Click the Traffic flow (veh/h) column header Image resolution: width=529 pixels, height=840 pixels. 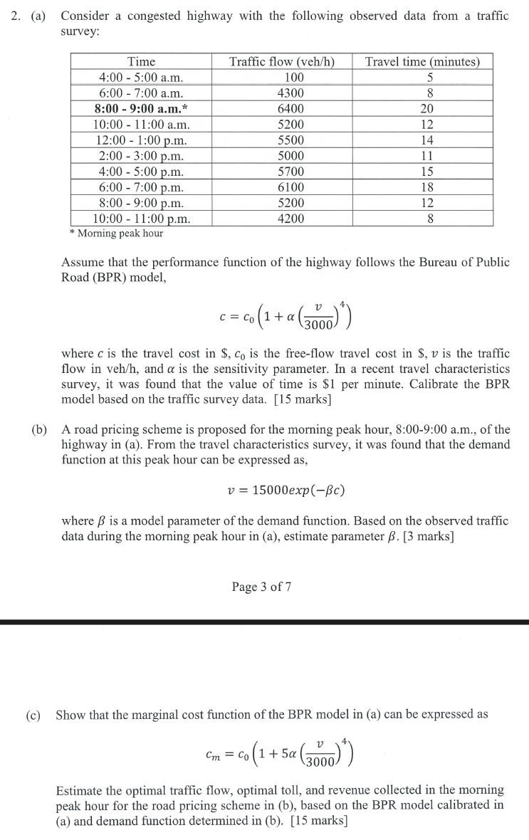282,62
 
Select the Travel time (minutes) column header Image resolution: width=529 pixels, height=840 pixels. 422,62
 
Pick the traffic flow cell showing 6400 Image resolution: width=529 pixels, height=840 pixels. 290,109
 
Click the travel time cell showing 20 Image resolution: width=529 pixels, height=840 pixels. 429,109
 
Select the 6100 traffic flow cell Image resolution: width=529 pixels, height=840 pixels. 290,187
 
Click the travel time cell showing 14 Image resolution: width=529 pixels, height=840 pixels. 429,140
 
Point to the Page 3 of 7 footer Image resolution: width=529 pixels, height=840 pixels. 261,587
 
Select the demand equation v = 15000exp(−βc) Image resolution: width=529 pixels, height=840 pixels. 284,491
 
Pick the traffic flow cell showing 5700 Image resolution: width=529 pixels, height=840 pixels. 290,172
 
